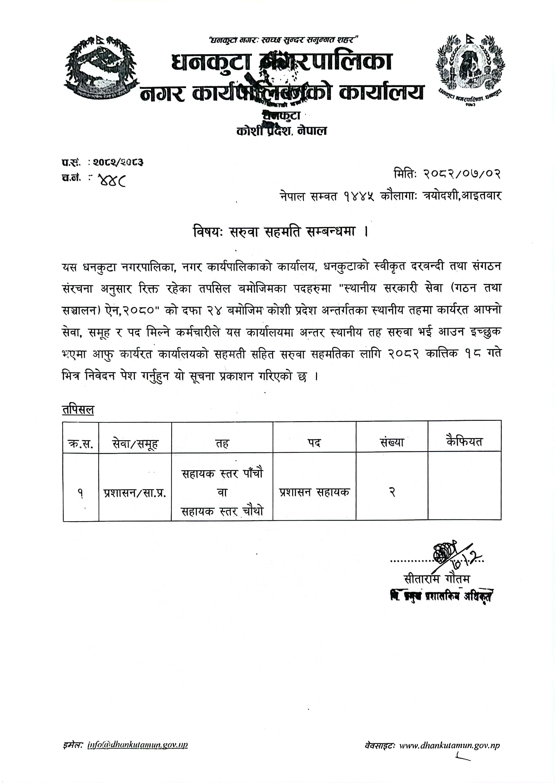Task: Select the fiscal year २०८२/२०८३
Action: (x=118, y=162)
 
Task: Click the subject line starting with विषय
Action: (x=280, y=232)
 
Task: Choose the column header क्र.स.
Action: (x=81, y=443)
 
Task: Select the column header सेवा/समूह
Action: (x=135, y=443)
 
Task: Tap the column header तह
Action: (x=222, y=443)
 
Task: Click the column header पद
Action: (x=314, y=443)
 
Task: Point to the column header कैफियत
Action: (x=464, y=442)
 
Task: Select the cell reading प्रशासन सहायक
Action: (x=314, y=492)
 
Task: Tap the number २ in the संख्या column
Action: (x=392, y=493)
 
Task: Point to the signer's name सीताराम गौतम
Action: (x=437, y=579)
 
